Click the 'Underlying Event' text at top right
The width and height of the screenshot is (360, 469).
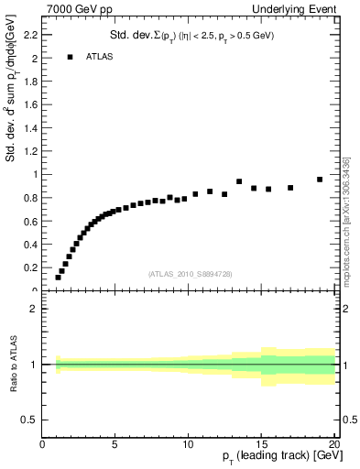295,8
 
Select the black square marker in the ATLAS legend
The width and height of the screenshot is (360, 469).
70,57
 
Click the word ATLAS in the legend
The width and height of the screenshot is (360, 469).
99,57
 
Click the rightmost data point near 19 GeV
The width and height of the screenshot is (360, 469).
320,180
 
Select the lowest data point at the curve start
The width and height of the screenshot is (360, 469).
58,278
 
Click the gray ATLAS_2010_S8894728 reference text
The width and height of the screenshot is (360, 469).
189,274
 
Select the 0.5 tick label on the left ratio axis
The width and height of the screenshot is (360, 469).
28,420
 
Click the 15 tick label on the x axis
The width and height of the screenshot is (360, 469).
261,446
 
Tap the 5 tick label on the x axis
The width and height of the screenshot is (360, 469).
115,446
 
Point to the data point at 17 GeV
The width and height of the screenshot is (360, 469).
290,188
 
